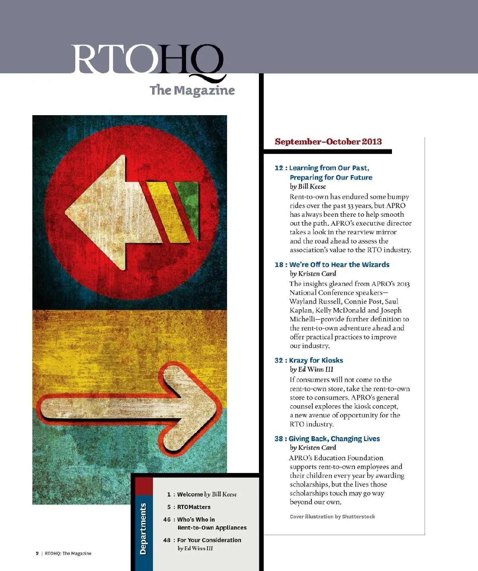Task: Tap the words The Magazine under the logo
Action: pyautogui.click(x=192, y=90)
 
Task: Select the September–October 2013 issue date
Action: pyautogui.click(x=328, y=142)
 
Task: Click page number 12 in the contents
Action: pyautogui.click(x=278, y=168)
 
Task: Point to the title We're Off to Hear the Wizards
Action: pyautogui.click(x=339, y=265)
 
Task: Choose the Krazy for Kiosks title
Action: pyautogui.click(x=316, y=360)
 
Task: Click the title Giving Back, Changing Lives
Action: pyautogui.click(x=334, y=439)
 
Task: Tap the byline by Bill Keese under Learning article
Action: pyautogui.click(x=308, y=186)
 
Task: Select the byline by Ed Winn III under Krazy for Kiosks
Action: pyautogui.click(x=311, y=369)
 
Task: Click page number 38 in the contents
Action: pyautogui.click(x=278, y=439)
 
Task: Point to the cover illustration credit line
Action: pyautogui.click(x=332, y=517)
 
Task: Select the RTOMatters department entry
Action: pyautogui.click(x=194, y=507)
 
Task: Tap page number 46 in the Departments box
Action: pyautogui.click(x=167, y=520)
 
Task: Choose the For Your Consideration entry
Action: pyautogui.click(x=209, y=540)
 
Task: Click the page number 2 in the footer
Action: pyautogui.click(x=37, y=553)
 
